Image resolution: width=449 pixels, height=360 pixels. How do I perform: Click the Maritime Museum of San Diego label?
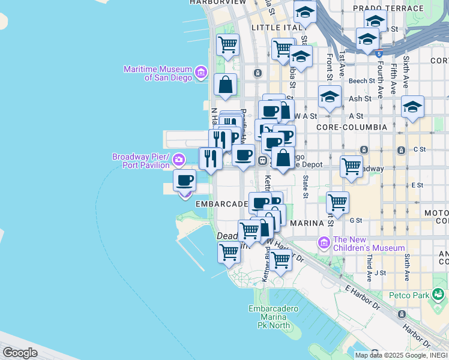point(157,73)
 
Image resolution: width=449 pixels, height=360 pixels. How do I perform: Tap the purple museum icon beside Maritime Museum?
point(201,73)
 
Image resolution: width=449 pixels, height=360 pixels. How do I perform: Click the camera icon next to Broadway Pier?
point(179,160)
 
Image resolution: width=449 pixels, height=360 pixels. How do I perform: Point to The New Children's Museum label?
point(369,244)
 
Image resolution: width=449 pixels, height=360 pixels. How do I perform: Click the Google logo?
point(20,353)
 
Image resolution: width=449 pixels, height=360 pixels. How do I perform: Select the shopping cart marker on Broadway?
point(351,166)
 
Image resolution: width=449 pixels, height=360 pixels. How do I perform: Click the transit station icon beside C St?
point(363,149)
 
